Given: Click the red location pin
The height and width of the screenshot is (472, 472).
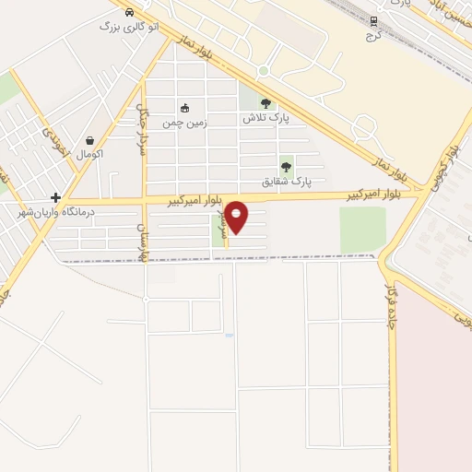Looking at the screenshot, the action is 237,217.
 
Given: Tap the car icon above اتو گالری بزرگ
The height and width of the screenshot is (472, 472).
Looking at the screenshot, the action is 129,13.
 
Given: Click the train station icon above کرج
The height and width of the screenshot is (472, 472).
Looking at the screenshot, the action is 373,19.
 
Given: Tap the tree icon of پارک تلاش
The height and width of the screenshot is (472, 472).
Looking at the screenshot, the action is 266,104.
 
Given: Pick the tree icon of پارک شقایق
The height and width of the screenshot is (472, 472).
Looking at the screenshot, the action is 286,167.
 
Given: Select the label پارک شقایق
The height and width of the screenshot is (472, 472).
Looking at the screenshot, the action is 287,182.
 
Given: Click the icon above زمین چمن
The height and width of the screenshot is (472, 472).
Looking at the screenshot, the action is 185,108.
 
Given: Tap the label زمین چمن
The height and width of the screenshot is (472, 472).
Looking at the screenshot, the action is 185,122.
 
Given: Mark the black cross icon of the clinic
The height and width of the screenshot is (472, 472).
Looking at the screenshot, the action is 56,197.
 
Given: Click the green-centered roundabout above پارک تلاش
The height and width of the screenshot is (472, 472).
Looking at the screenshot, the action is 264,71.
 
